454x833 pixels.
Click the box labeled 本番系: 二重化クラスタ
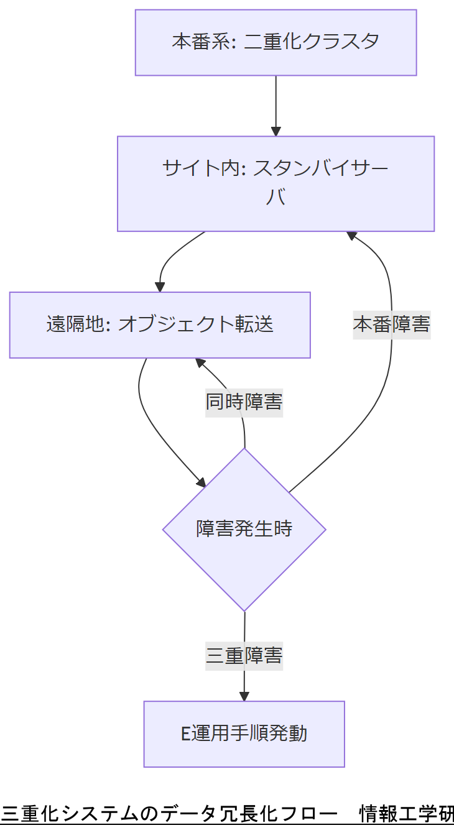(x=276, y=42)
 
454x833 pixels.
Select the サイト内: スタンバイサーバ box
(x=276, y=183)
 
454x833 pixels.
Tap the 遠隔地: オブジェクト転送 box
(x=160, y=324)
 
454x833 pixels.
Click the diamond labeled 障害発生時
(x=244, y=529)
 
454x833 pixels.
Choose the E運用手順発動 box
(x=244, y=734)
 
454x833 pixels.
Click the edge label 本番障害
(x=392, y=324)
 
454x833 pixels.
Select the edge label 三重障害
(x=244, y=655)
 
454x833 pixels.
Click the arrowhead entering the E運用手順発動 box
(x=244, y=696)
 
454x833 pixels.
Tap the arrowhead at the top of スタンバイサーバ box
(x=276, y=131)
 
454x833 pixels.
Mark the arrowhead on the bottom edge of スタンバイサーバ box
(x=351, y=236)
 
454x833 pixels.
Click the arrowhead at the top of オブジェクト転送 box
(x=160, y=287)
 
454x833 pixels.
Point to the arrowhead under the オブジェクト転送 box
(x=200, y=362)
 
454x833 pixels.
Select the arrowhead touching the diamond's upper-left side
(x=200, y=482)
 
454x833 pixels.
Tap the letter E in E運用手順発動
(x=185, y=734)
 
